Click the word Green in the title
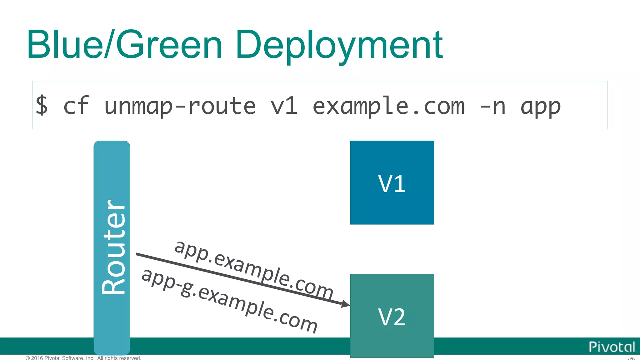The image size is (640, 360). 169,44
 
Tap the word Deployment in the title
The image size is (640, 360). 339,45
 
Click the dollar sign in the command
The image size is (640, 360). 42,106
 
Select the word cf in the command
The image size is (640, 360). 76,106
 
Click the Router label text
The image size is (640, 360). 113,247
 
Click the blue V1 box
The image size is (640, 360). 392,183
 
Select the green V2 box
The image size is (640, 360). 392,316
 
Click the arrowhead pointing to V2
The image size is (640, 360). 345,303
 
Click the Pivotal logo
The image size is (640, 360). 612,347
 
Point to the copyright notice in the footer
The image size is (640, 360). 83,358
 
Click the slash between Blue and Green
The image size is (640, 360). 109,44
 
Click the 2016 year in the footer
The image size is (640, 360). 37,358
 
